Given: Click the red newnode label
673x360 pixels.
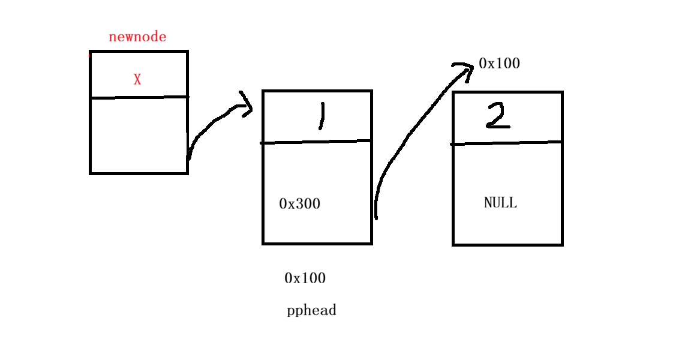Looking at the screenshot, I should click(137, 37).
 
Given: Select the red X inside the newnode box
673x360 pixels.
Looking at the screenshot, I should click(137, 79).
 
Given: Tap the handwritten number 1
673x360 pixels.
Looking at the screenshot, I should click(322, 116).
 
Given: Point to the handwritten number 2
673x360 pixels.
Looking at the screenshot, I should click(498, 115).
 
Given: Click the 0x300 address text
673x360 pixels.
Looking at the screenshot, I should click(300, 204).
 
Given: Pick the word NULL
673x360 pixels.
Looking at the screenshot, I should click(500, 203).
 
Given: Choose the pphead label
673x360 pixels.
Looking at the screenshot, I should click(311, 311).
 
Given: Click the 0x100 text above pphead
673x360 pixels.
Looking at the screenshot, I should click(305, 278).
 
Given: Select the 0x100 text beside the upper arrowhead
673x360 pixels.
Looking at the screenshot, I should click(499, 64).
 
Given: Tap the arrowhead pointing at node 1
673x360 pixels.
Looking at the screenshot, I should click(246, 106).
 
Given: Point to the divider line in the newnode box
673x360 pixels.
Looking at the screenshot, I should click(139, 97).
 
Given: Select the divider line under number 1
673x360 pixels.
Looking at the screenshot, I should click(317, 142).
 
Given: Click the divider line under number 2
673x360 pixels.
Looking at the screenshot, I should click(507, 143).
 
